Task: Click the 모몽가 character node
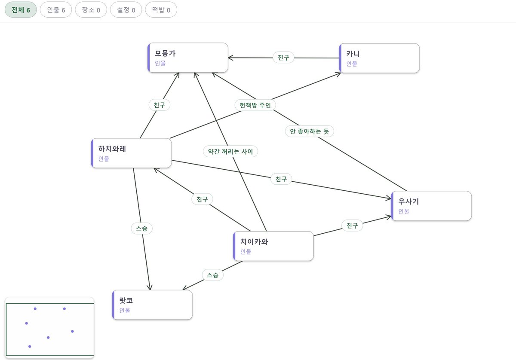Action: click(188, 58)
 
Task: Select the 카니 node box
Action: click(379, 58)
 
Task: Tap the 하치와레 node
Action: click(131, 153)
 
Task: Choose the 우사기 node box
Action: click(431, 206)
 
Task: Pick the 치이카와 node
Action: click(273, 246)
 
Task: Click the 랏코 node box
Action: click(152, 305)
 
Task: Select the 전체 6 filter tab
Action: click(21, 10)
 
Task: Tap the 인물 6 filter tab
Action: click(56, 10)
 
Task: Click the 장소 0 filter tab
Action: click(91, 10)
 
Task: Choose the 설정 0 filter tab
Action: click(126, 10)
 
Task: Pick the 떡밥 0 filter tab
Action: click(161, 10)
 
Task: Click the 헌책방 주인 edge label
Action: click(255, 105)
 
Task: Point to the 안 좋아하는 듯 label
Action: click(309, 131)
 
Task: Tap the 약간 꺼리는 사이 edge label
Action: click(230, 152)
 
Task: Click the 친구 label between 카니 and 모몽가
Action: click(283, 58)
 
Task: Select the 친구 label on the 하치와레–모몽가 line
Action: click(160, 105)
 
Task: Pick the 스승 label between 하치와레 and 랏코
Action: click(141, 229)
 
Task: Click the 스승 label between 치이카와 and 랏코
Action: click(212, 275)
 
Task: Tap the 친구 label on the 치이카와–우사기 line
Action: click(352, 226)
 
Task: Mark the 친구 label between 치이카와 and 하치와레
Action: click(202, 199)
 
